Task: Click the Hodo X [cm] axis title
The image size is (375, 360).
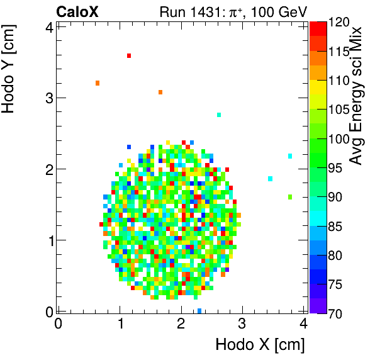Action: click(x=260, y=344)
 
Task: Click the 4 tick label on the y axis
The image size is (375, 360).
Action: click(x=47, y=26)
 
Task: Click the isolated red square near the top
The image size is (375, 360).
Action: click(x=129, y=56)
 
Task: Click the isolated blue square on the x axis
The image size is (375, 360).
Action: click(x=199, y=311)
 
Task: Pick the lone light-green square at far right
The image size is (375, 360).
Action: click(x=290, y=197)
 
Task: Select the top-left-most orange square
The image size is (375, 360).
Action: click(x=98, y=83)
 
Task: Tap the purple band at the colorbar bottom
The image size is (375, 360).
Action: click(x=318, y=306)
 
